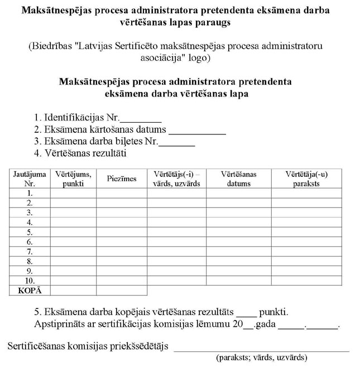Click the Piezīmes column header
point(122,178)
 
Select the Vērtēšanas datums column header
point(238,178)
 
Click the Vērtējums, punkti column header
point(74,178)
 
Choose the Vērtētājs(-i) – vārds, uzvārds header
point(176,178)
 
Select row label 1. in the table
point(30,193)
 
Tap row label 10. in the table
point(30,280)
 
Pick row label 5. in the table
point(30,232)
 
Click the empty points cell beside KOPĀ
point(74,290)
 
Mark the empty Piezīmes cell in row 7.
point(122,251)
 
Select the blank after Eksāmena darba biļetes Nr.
point(177,144)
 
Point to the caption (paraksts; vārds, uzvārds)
point(261,358)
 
